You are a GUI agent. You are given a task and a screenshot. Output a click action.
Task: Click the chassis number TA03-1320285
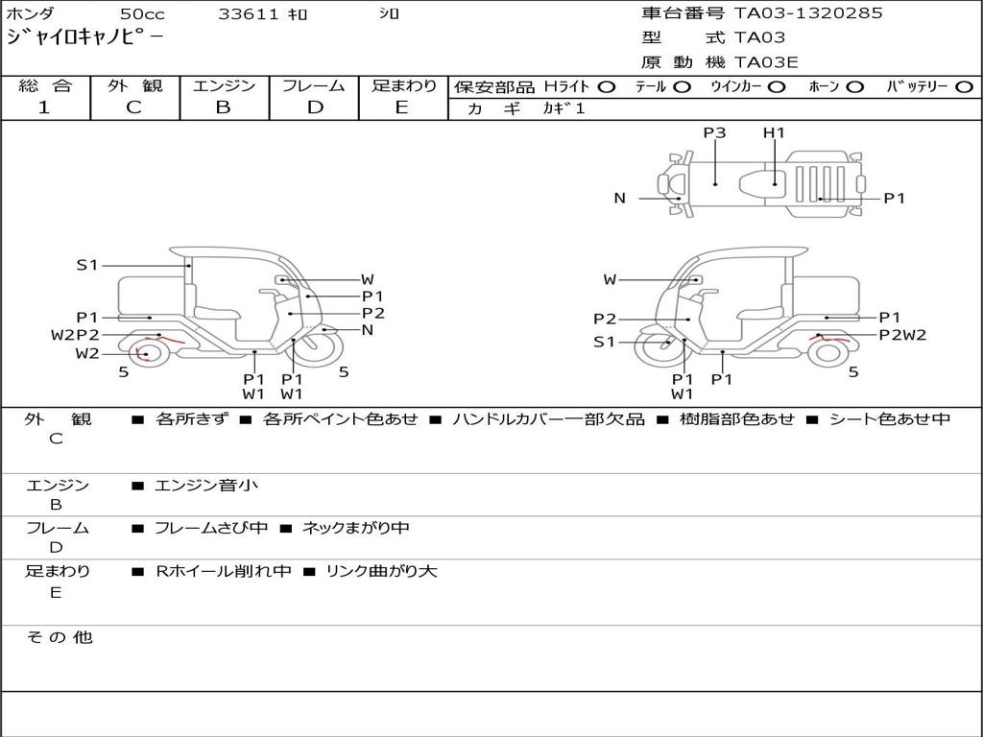click(808, 13)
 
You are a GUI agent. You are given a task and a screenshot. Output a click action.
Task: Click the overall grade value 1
click(44, 107)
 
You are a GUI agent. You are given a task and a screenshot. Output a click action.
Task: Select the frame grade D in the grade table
click(314, 107)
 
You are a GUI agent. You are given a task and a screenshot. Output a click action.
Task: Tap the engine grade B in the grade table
click(223, 107)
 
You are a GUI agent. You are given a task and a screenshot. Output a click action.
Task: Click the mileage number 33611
click(248, 14)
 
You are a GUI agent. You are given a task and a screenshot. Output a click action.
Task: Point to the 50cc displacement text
click(142, 14)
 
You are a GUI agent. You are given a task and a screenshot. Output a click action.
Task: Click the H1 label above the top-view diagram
click(774, 132)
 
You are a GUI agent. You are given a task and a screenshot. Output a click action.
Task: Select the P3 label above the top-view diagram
click(714, 132)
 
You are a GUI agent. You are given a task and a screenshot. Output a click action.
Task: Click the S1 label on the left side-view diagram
click(87, 266)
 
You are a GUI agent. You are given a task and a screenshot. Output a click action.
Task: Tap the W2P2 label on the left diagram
click(75, 335)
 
